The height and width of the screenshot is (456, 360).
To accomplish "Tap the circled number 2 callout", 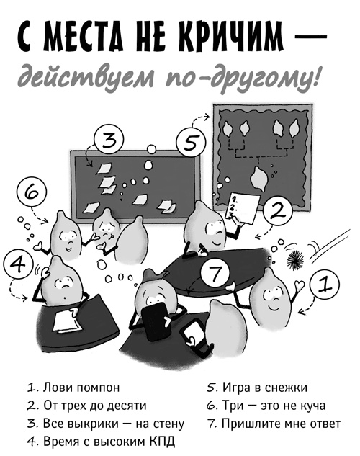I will click(279, 211).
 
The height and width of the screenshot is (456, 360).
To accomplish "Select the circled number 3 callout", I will click(109, 140).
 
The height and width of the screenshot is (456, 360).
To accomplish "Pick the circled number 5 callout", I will click(189, 141).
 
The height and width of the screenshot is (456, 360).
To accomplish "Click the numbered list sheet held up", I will click(242, 206).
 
